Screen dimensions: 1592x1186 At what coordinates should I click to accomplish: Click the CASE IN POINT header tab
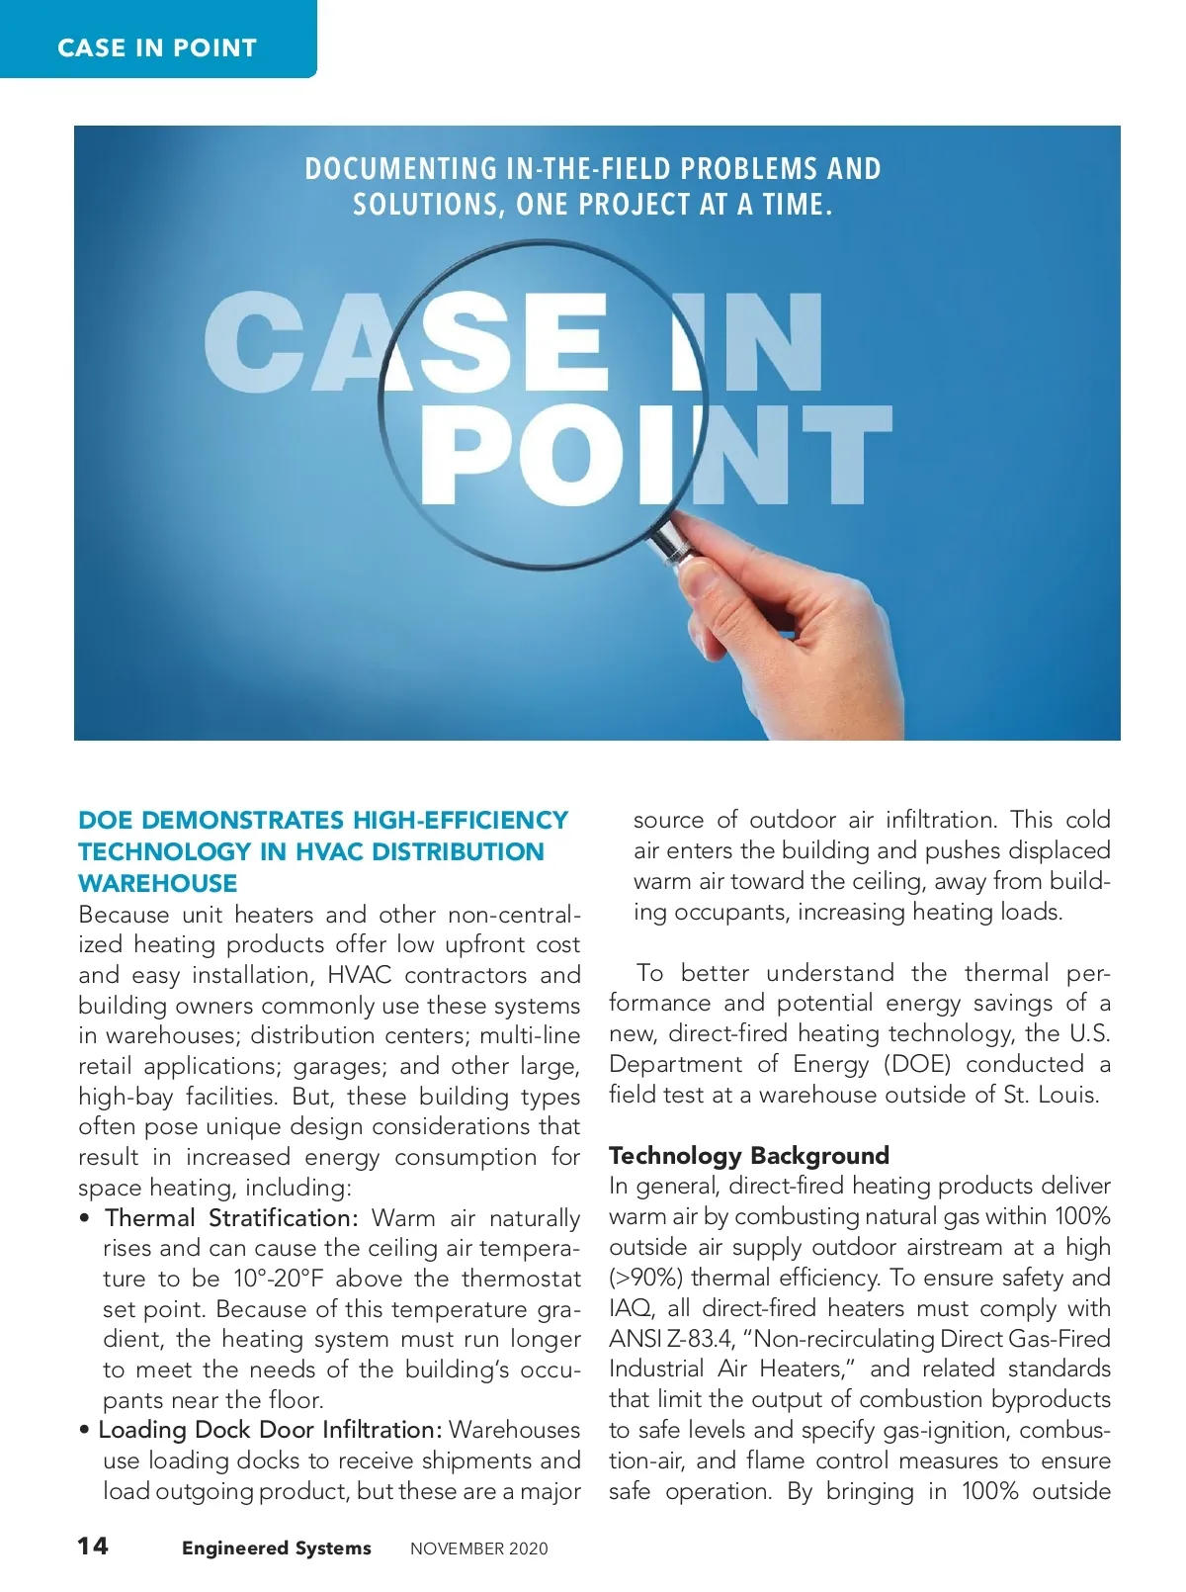pos(157,47)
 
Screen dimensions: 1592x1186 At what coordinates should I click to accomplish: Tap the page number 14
pos(94,1547)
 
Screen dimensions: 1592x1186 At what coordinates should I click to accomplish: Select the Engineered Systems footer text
pos(276,1548)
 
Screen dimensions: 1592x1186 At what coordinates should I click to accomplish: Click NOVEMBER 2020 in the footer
pos(478,1549)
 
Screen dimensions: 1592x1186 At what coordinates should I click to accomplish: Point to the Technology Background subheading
pos(748,1155)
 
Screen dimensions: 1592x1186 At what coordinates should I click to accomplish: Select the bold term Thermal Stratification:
pos(231,1217)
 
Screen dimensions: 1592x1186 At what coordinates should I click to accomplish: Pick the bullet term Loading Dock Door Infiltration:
pos(270,1430)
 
